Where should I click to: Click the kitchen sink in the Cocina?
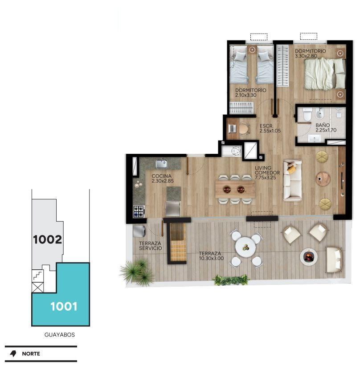(161, 164)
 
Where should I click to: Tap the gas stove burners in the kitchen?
(139, 211)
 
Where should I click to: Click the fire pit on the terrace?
(309, 256)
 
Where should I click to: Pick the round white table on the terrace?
(245, 247)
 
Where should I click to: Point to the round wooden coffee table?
(323, 179)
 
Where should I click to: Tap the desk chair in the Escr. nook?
(244, 129)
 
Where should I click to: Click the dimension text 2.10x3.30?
(246, 95)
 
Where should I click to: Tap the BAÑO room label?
(323, 125)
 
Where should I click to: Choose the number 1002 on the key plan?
(48, 239)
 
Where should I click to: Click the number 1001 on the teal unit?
(64, 306)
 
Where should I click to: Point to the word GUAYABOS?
(60, 334)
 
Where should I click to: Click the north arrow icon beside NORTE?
(13, 354)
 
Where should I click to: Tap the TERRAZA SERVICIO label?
(151, 246)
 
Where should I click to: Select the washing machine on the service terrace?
(139, 231)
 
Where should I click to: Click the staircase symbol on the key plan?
(37, 276)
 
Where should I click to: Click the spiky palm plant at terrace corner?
(137, 272)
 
